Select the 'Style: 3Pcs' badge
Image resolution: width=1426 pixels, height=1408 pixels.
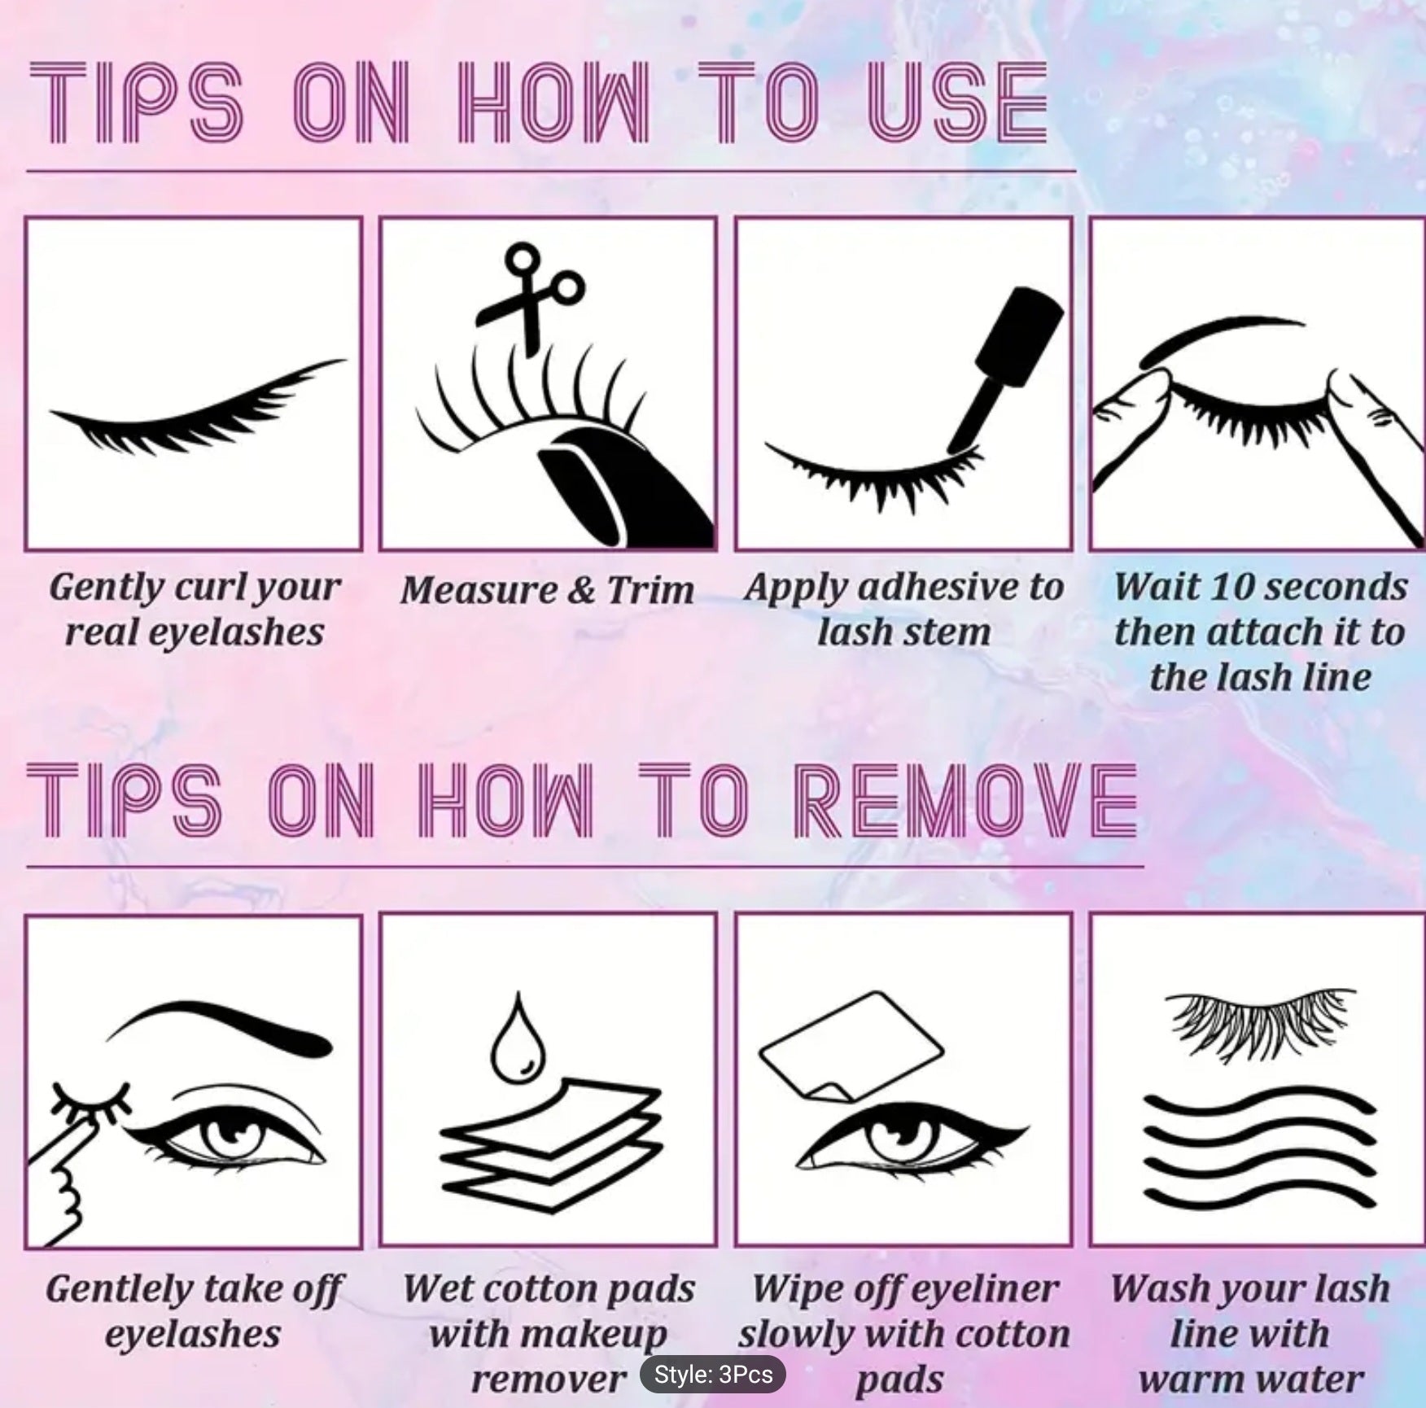(x=713, y=1375)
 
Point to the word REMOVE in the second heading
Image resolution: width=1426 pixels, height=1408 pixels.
(x=965, y=802)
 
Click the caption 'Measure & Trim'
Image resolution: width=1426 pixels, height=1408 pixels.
(x=547, y=589)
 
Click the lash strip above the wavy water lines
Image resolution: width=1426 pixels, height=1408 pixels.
(x=1258, y=1021)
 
